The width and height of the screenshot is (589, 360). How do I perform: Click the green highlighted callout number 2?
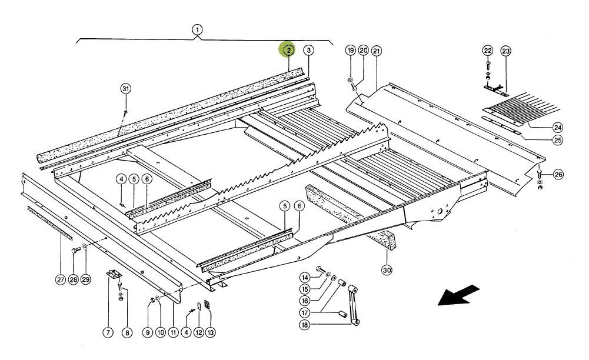(x=288, y=51)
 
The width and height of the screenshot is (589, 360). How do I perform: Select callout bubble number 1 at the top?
(x=197, y=29)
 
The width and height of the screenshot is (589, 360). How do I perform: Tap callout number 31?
(x=125, y=89)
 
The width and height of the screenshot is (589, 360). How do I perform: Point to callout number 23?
(x=506, y=51)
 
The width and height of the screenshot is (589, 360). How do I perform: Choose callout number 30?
(x=387, y=271)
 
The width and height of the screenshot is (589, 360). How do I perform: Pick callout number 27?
(x=61, y=280)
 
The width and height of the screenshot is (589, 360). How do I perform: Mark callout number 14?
(x=305, y=278)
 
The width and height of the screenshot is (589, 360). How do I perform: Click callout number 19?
(x=350, y=51)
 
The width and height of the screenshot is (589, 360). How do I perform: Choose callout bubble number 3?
(x=309, y=51)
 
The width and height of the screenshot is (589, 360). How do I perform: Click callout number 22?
(x=487, y=51)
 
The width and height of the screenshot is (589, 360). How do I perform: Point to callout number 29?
(x=86, y=280)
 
